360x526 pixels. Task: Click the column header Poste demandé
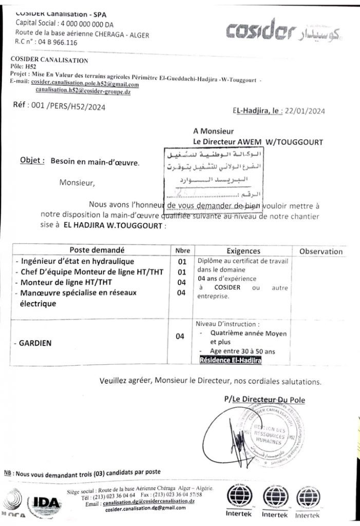(97, 251)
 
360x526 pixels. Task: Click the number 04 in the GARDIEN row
(180, 337)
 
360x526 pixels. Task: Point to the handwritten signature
(237, 437)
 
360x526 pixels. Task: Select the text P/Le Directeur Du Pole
(264, 399)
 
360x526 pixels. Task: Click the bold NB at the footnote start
(8, 473)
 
